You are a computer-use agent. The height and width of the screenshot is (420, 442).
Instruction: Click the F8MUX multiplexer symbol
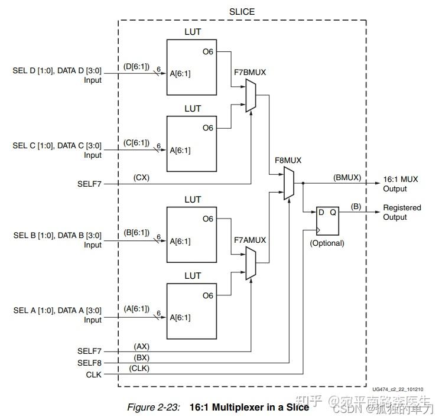(x=289, y=183)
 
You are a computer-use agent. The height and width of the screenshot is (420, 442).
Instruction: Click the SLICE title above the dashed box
(x=242, y=12)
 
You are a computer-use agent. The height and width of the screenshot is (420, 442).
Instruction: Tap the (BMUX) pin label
(x=347, y=177)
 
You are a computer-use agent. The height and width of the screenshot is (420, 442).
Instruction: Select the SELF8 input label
(x=89, y=362)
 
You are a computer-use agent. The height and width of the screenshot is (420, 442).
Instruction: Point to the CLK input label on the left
(x=93, y=374)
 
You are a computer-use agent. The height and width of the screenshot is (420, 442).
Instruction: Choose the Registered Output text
(x=402, y=212)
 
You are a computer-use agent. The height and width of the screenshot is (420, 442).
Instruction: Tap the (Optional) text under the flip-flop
(x=327, y=243)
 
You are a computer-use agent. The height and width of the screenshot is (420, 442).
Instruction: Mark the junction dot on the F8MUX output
(x=303, y=183)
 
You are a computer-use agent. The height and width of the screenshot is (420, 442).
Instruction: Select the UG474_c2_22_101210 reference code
(x=397, y=389)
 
